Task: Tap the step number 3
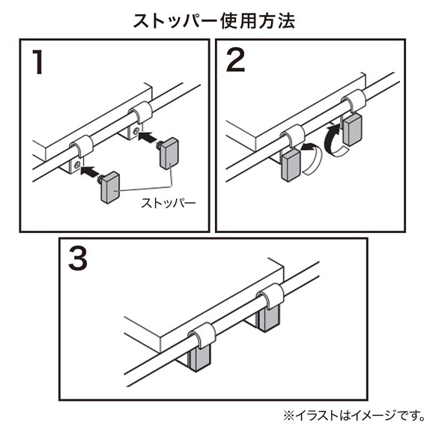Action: coord(79,259)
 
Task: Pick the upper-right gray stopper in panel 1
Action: coord(169,152)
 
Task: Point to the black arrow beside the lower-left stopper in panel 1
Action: coord(90,172)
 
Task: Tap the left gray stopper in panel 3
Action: coord(199,357)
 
